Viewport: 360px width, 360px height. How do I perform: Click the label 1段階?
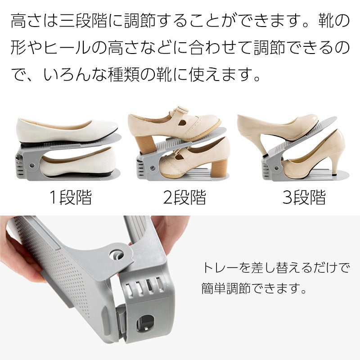(70, 197)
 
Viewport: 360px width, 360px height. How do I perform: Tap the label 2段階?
(184, 197)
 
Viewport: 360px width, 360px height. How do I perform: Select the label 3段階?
(304, 197)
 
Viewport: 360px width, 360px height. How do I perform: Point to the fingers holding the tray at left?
(18, 261)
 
